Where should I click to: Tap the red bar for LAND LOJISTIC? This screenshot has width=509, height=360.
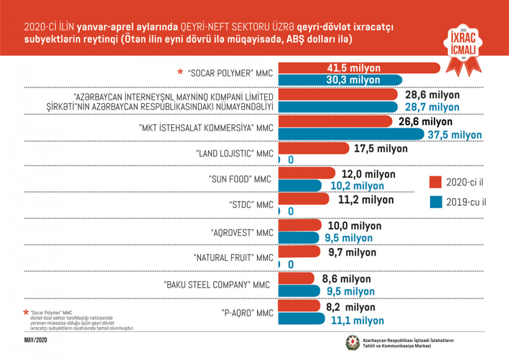click(x=314, y=148)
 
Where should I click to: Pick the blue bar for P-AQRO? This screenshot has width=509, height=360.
click(x=301, y=321)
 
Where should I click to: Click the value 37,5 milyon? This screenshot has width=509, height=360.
click(x=454, y=135)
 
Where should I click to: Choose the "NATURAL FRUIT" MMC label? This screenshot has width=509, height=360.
click(x=233, y=257)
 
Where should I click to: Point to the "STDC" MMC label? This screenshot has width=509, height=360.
click(x=250, y=205)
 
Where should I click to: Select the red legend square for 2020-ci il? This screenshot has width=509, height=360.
click(x=436, y=183)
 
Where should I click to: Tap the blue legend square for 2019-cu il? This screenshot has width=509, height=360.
click(x=436, y=202)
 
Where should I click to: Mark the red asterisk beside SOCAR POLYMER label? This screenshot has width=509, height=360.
click(x=180, y=73)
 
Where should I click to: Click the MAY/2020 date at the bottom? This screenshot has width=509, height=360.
click(x=36, y=340)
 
